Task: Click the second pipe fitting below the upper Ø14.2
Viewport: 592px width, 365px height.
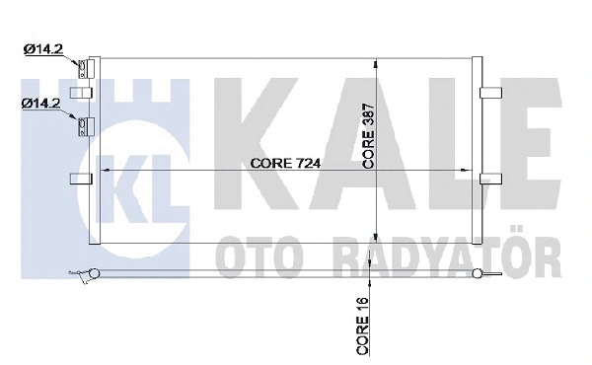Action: pyautogui.click(x=84, y=125)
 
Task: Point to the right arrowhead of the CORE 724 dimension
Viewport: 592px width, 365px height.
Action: pyautogui.click(x=470, y=172)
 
